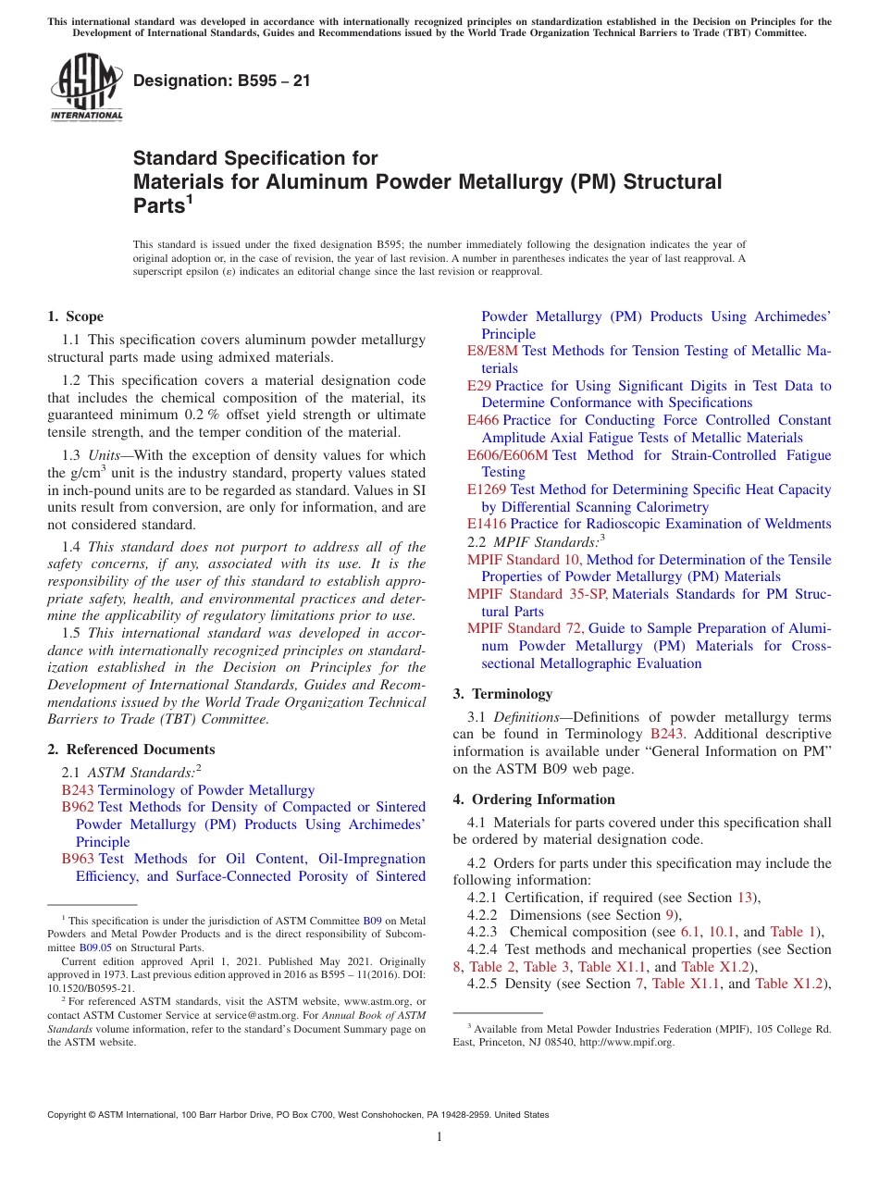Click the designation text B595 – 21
pyautogui.click(x=222, y=81)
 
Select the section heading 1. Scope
pyautogui.click(x=75, y=316)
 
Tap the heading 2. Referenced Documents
pyautogui.click(x=130, y=750)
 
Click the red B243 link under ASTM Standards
pyautogui.click(x=77, y=790)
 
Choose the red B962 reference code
pyautogui.click(x=77, y=807)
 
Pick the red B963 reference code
pyautogui.click(x=77, y=859)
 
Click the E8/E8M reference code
pyautogui.click(x=492, y=351)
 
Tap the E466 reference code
pyautogui.click(x=482, y=420)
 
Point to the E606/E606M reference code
pyautogui.click(x=507, y=455)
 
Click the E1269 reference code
pyautogui.click(x=486, y=489)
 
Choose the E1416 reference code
pyautogui.click(x=486, y=524)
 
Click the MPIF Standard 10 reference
pyautogui.click(x=524, y=560)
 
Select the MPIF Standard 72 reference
pyautogui.click(x=525, y=628)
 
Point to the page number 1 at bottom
pyautogui.click(x=439, y=1137)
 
